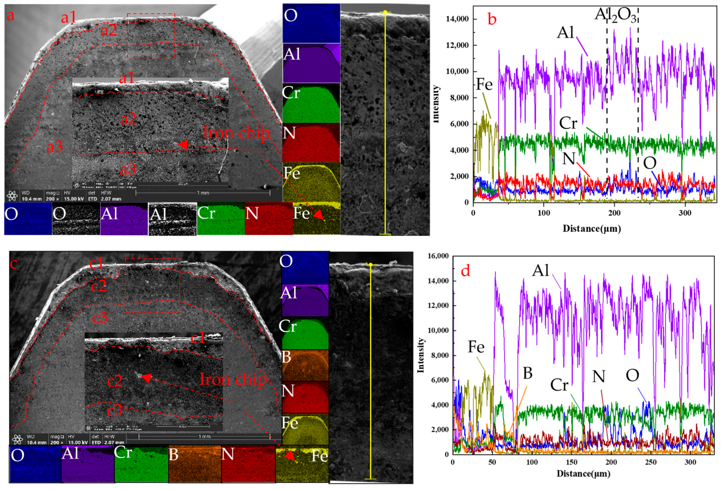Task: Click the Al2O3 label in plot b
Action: [x=615, y=15]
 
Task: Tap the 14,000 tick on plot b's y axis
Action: [x=457, y=19]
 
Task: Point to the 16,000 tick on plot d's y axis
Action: [x=438, y=256]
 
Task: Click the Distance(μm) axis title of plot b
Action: [x=592, y=229]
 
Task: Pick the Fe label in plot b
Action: [x=484, y=84]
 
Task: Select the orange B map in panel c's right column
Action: [x=305, y=365]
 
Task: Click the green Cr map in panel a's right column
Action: [x=311, y=103]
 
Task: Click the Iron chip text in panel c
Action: [x=233, y=379]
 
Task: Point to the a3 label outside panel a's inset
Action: [x=55, y=147]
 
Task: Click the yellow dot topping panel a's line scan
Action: [x=385, y=12]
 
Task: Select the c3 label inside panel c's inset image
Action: [x=115, y=411]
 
